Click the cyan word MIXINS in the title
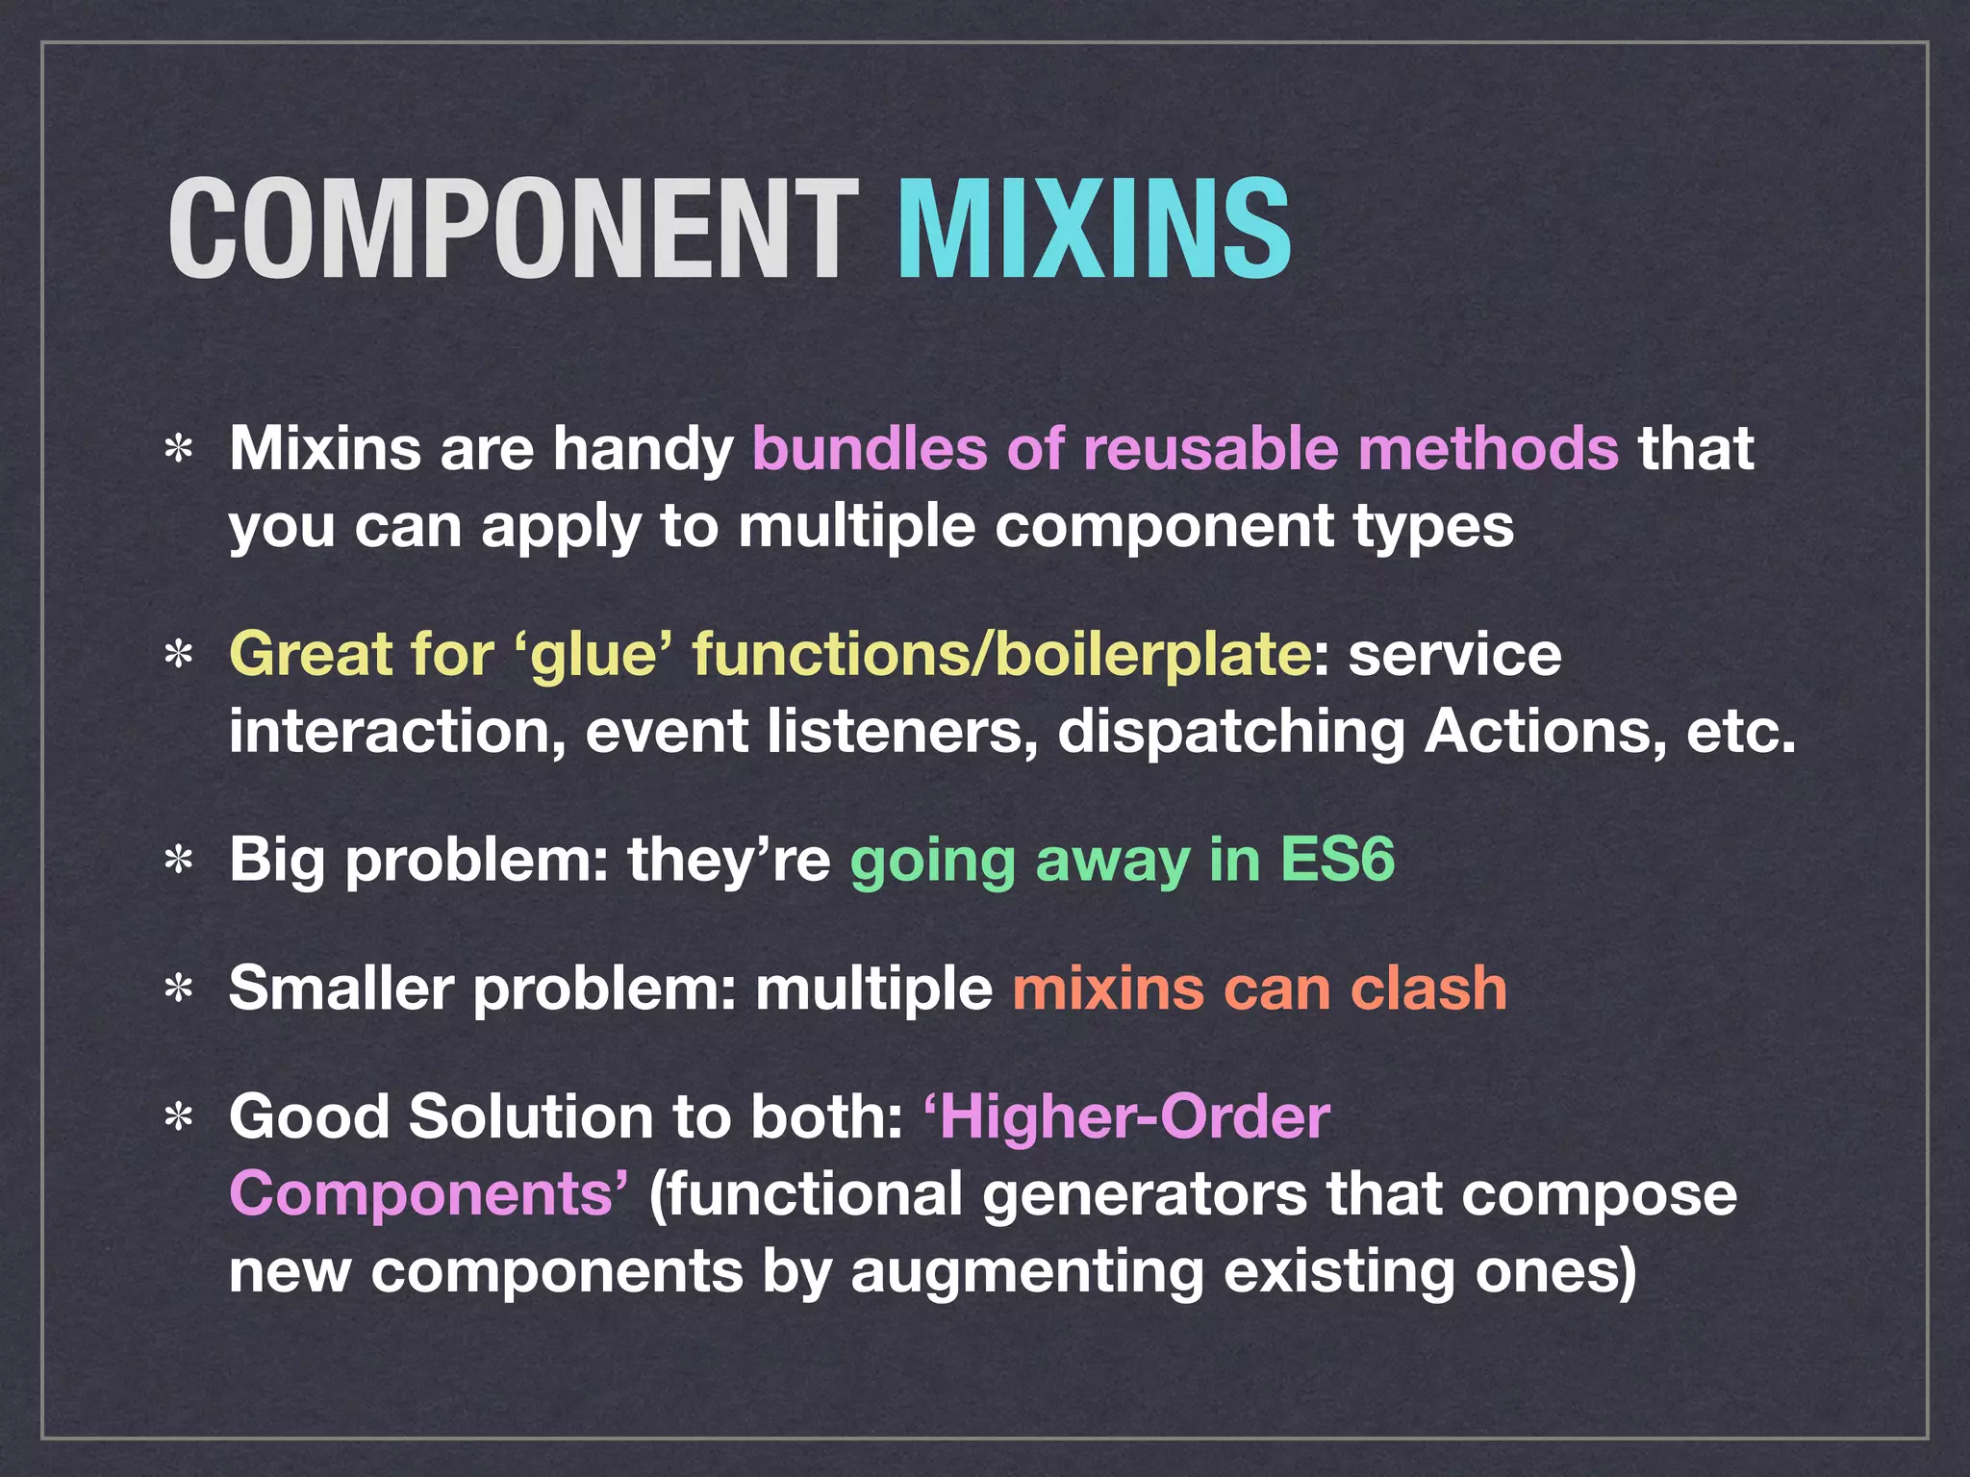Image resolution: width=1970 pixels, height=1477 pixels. click(x=1094, y=231)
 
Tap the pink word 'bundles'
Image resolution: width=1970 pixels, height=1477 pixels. click(x=870, y=449)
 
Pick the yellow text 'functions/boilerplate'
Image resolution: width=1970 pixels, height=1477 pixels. click(x=1000, y=654)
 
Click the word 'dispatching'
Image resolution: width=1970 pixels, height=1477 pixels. click(x=1231, y=734)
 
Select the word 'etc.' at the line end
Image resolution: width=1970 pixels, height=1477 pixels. click(x=1741, y=732)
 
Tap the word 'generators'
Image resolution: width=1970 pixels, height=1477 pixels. click(x=1145, y=1195)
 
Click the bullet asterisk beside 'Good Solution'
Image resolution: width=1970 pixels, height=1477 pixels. click(x=179, y=1118)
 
